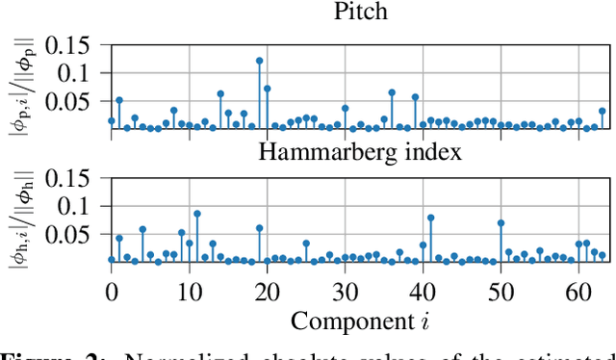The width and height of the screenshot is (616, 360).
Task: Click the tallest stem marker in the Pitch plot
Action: click(260, 61)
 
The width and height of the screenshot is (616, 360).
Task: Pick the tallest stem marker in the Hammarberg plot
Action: click(196, 214)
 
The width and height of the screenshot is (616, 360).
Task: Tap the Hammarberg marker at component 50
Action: click(500, 222)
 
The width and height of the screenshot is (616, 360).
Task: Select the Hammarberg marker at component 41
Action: click(430, 218)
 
